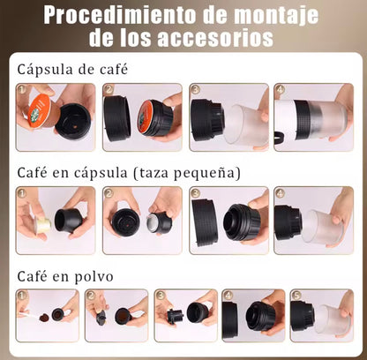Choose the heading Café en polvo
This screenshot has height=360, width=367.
pos(65,276)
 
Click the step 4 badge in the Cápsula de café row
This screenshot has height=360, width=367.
pos(280,90)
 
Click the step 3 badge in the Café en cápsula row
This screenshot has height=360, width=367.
pos(195,193)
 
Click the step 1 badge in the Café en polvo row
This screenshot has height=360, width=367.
pos(23,296)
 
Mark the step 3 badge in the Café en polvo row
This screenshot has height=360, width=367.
pos(161,296)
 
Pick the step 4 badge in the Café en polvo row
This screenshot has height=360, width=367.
pos(228,296)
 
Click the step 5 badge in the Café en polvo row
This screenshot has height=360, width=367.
pos(297,296)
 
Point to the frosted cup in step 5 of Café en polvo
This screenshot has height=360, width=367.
pos(331,319)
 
